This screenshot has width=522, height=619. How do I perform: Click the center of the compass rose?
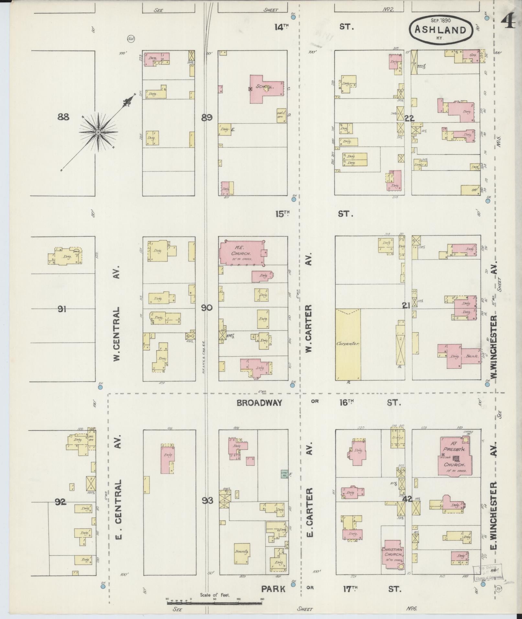(x=98, y=132)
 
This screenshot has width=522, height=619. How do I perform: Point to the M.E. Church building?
(x=241, y=252)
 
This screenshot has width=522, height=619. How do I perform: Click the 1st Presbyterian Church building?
(x=455, y=458)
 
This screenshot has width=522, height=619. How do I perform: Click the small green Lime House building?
(x=284, y=474)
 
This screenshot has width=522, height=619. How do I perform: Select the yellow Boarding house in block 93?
(x=241, y=553)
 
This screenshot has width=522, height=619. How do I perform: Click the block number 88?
(x=63, y=117)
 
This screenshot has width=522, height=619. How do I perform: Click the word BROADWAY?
(x=259, y=403)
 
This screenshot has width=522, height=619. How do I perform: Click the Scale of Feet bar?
(x=214, y=602)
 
